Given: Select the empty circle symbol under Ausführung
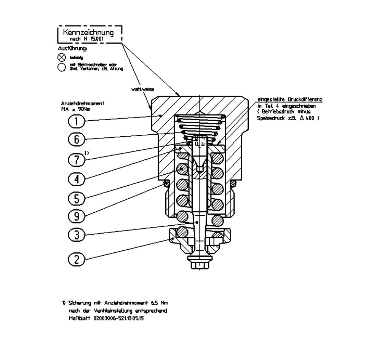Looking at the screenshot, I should point(62,67).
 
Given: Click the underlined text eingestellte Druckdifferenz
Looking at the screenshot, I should point(290,100).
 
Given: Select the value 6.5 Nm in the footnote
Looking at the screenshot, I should point(159,303).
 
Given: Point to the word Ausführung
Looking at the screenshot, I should point(72,49).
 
